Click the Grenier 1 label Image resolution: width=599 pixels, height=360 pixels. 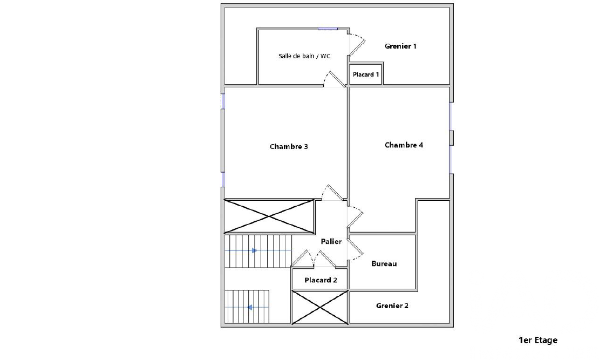pyautogui.click(x=400, y=46)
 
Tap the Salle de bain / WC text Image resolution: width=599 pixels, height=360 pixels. pyautogui.click(x=304, y=56)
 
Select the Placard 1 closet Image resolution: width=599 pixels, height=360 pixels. pyautogui.click(x=365, y=74)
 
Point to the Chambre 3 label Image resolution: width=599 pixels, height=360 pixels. pyautogui.click(x=289, y=146)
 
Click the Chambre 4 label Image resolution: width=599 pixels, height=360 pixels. pyautogui.click(x=404, y=145)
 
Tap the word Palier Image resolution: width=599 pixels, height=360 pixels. pyautogui.click(x=331, y=241)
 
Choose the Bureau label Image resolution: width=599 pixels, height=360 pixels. pyautogui.click(x=384, y=263)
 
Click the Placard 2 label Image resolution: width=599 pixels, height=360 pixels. pyautogui.click(x=321, y=280)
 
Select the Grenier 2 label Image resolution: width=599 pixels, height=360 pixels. pyautogui.click(x=392, y=305)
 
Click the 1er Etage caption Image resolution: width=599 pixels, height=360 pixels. pyautogui.click(x=538, y=339)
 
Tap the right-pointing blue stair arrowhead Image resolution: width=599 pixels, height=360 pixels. pyautogui.click(x=254, y=250)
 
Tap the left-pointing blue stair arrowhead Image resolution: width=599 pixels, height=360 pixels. pyautogui.click(x=249, y=307)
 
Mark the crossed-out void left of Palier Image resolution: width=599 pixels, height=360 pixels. pyautogui.click(x=269, y=216)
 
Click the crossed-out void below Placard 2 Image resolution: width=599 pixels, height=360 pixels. pyautogui.click(x=320, y=307)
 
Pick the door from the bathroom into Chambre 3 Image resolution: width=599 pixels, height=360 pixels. pyautogui.click(x=334, y=79)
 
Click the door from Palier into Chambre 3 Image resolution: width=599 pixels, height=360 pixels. pyautogui.click(x=332, y=193)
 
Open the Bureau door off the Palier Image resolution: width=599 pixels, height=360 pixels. pyautogui.click(x=355, y=249)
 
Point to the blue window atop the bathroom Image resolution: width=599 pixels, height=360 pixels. pyautogui.click(x=328, y=29)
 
